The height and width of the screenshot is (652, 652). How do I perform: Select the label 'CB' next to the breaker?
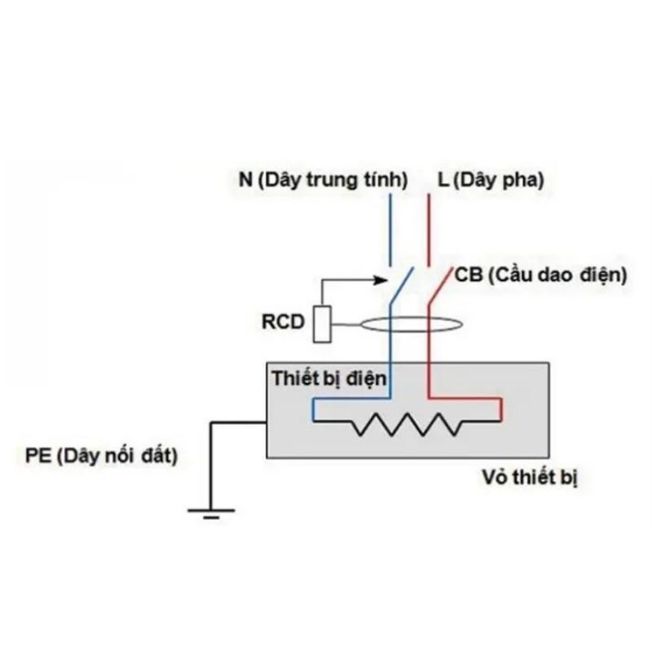click(469, 275)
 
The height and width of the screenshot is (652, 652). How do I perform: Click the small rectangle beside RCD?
click(322, 323)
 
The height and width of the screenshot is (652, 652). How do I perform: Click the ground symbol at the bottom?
click(211, 512)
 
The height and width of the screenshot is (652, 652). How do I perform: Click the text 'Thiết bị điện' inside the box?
click(329, 378)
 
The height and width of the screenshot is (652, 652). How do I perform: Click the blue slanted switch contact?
click(401, 288)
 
